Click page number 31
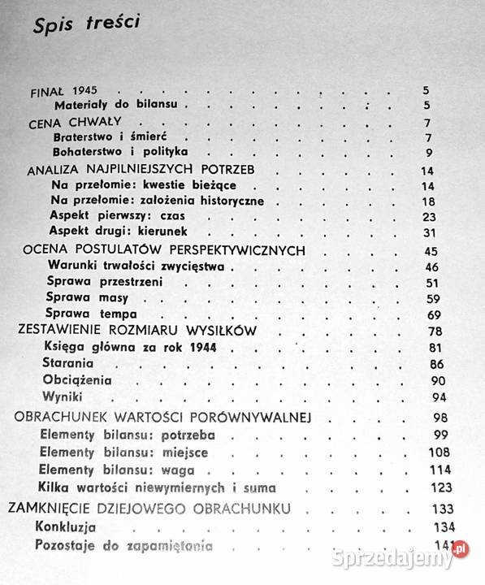(430, 232)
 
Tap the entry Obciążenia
(80, 379)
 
